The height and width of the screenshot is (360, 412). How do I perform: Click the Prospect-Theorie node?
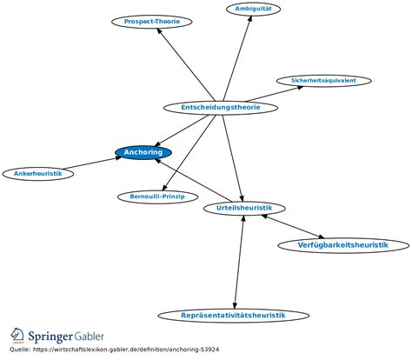point(140,21)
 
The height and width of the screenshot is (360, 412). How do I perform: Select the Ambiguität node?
point(252,9)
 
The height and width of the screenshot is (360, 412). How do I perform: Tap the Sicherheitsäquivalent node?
point(323,81)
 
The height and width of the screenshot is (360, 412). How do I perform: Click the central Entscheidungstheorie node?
point(222,108)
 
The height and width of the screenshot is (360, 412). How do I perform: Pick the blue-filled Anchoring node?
point(143,153)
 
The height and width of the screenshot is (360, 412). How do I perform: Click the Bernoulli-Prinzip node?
point(151,197)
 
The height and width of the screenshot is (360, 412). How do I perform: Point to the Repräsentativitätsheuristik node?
point(233,315)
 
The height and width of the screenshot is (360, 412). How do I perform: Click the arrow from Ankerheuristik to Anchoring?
point(91,163)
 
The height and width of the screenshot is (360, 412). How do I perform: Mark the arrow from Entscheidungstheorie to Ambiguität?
point(237,60)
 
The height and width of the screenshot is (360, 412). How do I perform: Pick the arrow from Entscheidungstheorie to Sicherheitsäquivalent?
point(271,95)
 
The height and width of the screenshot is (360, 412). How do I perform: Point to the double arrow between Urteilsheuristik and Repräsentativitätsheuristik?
point(239,261)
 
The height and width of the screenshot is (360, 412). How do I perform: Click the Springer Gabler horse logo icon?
point(17,336)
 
